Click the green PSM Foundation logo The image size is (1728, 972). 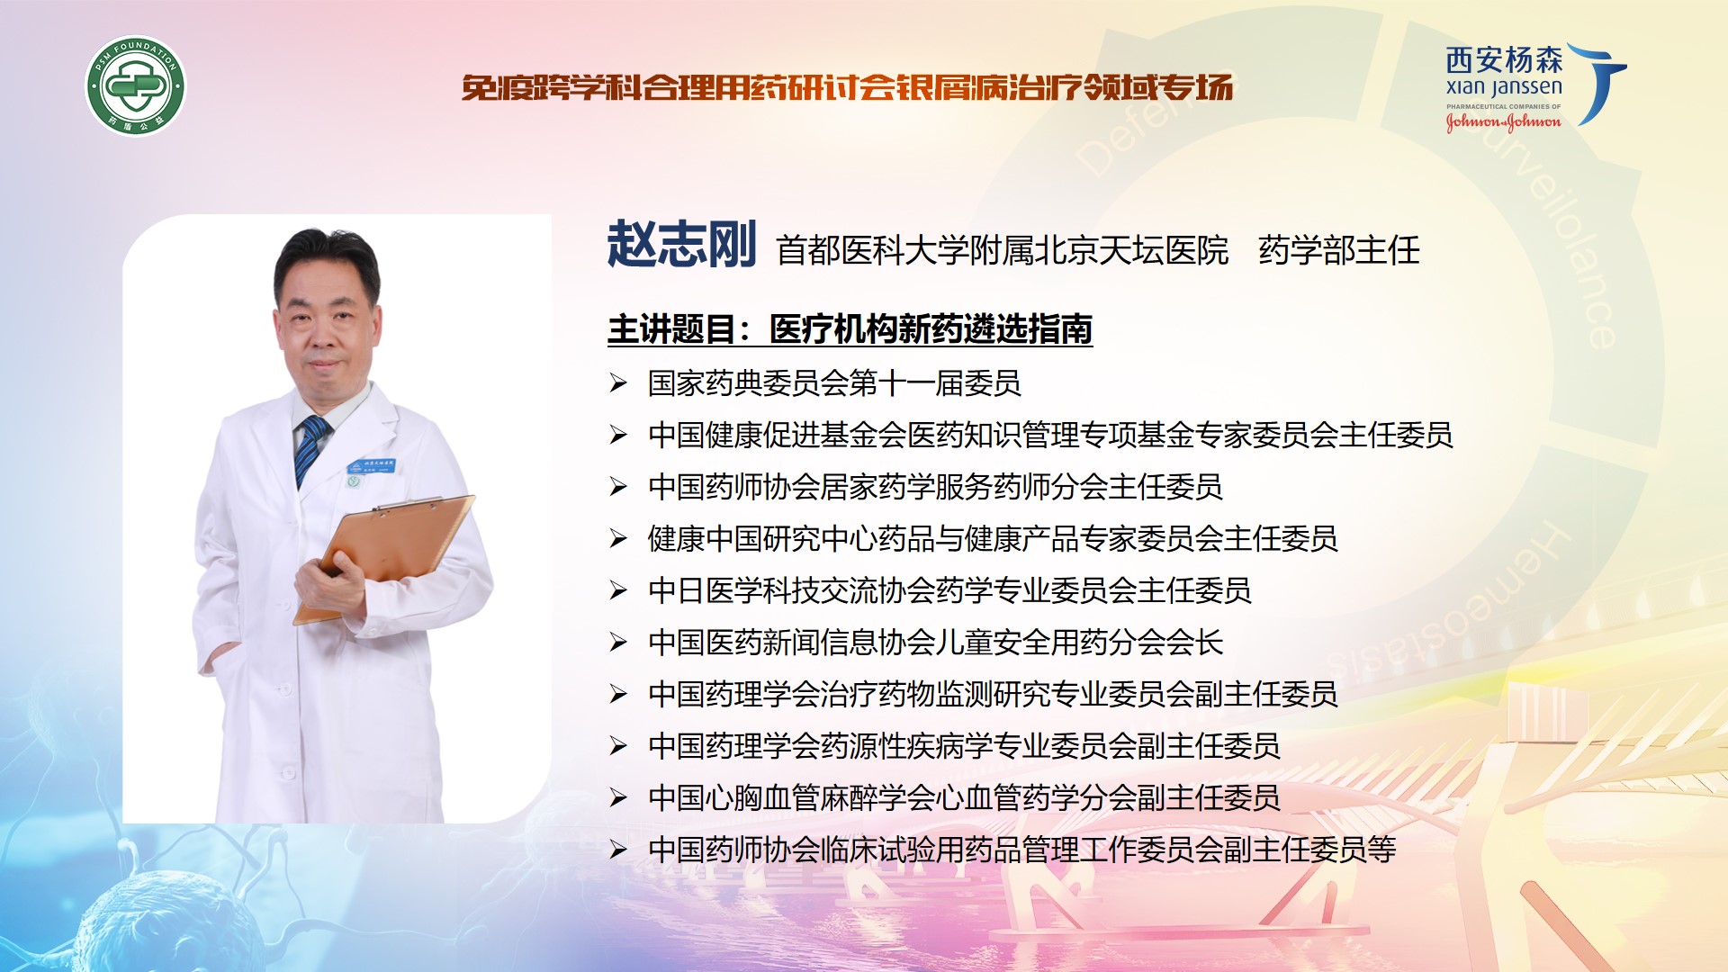[x=136, y=86]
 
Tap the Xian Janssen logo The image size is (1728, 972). [x=1535, y=86]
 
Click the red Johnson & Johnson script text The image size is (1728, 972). [x=1503, y=121]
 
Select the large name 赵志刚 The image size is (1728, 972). [x=681, y=245]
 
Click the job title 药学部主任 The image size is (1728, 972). [x=1338, y=250]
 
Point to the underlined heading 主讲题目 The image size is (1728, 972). [x=671, y=329]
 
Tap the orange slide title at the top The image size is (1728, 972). [x=847, y=87]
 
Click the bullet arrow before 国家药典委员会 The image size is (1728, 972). [x=617, y=383]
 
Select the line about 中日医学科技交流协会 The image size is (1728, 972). [x=949, y=590]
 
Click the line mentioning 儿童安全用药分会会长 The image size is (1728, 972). [x=935, y=643]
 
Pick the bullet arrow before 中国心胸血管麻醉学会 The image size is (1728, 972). [x=617, y=797]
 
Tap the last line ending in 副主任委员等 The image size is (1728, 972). [x=1021, y=850]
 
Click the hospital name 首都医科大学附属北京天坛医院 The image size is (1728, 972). [x=1002, y=250]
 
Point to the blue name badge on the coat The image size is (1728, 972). [x=372, y=467]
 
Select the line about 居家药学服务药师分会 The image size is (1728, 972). [x=935, y=487]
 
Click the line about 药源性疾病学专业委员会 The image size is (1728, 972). [x=964, y=746]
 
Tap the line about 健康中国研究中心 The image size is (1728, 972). [x=993, y=539]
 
